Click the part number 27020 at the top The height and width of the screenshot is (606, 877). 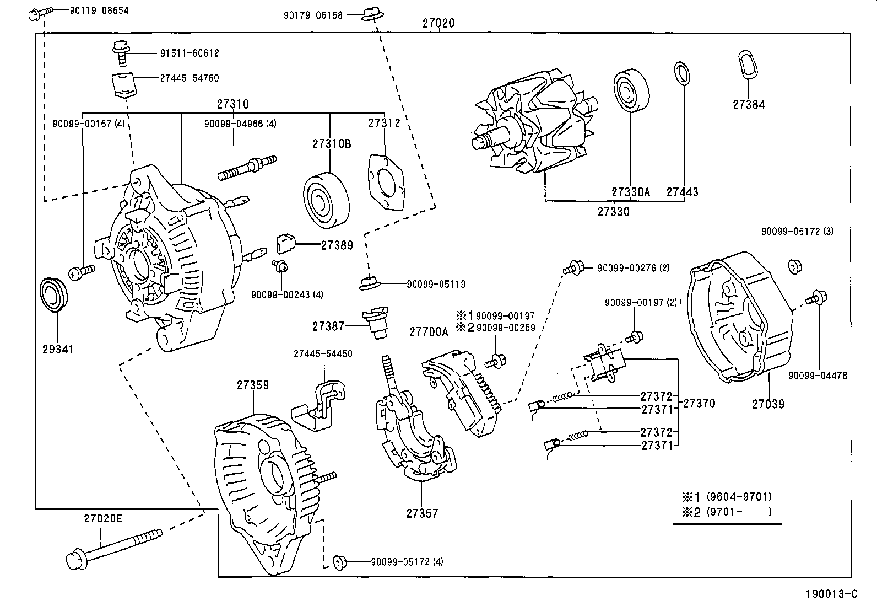[x=438, y=23]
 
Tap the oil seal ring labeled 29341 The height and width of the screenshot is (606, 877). [x=54, y=296]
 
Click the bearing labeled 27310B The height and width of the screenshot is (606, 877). [x=327, y=200]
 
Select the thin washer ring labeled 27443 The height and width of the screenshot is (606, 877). [x=681, y=74]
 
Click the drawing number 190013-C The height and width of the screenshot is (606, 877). [x=831, y=594]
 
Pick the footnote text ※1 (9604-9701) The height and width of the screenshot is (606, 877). [x=727, y=496]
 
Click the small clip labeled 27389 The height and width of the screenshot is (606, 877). [x=286, y=241]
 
